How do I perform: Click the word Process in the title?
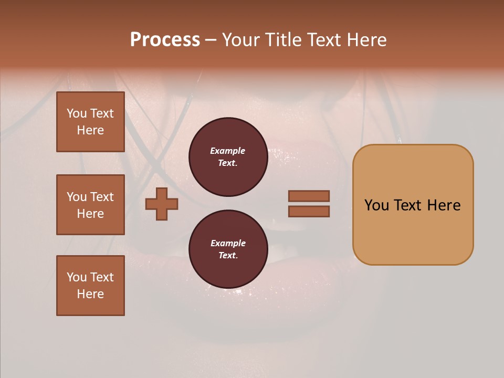[x=165, y=40]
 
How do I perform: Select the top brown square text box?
[x=90, y=122]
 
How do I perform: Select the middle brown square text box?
[x=90, y=205]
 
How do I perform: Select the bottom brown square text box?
[x=90, y=285]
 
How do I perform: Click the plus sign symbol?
[x=162, y=204]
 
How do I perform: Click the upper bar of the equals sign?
[x=309, y=196]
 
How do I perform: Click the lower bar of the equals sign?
[x=309, y=211]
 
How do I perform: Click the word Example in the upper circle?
[x=228, y=151]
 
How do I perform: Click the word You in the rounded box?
[x=377, y=205]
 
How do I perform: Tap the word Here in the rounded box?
[x=444, y=205]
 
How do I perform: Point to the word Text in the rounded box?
[x=408, y=205]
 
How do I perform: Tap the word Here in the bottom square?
[x=90, y=294]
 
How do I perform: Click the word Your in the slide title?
[x=242, y=40]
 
